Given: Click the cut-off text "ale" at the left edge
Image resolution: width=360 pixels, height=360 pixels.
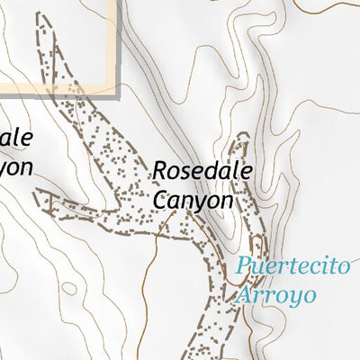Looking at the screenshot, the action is [16, 138].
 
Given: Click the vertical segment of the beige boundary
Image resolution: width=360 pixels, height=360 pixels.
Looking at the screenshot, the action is [116, 45].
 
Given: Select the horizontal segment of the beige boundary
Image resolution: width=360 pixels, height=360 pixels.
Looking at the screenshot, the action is [54, 91].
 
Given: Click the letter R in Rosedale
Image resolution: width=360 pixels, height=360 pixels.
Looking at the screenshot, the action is [160, 170].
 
